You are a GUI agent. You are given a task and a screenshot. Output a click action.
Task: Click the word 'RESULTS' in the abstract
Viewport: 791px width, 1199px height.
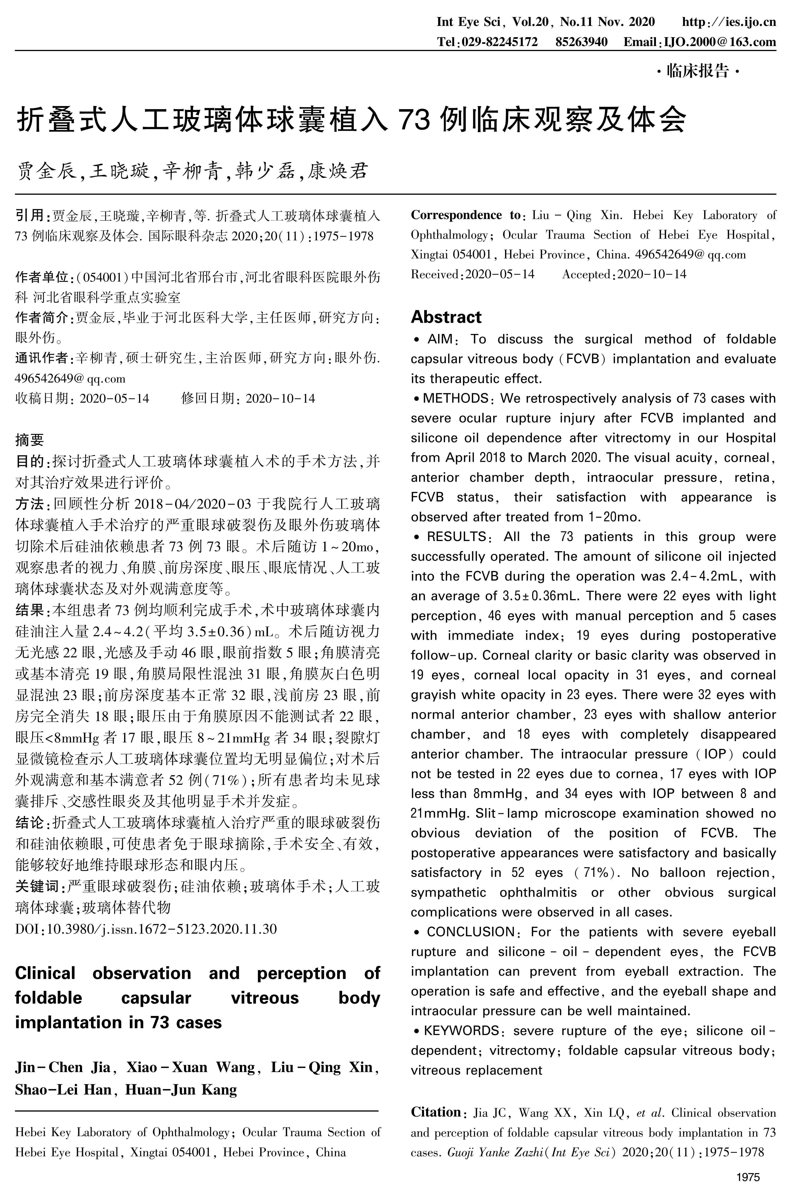point(456,537)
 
